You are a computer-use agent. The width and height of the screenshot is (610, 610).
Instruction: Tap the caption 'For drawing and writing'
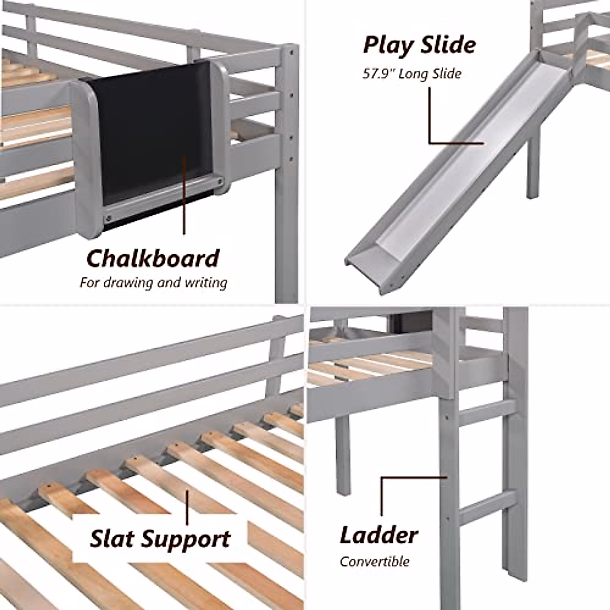coord(153,283)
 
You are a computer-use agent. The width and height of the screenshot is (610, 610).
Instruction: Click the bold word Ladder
coord(378,535)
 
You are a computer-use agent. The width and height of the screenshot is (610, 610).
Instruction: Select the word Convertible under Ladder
coord(375,562)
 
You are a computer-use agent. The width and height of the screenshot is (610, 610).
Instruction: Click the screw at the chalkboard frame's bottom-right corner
coord(220,182)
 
